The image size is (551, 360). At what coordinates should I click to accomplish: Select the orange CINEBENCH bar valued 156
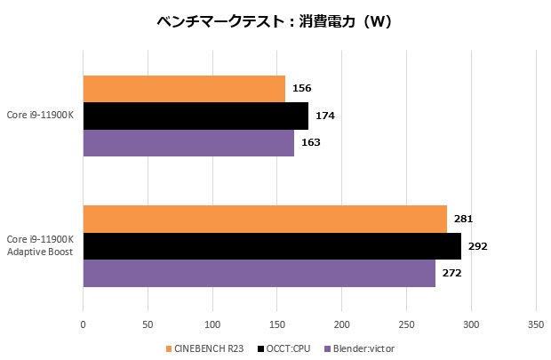click(184, 89)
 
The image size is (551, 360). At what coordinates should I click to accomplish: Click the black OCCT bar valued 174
click(196, 116)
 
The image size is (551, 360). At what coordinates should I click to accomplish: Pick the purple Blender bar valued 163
click(188, 142)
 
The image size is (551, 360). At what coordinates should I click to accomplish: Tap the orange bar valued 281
click(265, 219)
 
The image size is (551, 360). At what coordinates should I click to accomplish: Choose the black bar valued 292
click(272, 246)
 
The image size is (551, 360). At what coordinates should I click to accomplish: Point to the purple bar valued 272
click(259, 273)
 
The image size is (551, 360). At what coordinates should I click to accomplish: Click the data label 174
click(324, 116)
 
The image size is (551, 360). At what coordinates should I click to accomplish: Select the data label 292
click(477, 246)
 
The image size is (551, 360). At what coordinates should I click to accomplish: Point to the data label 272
click(451, 273)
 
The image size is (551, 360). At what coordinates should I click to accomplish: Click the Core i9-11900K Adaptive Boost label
click(40, 246)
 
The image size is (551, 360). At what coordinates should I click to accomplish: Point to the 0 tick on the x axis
click(83, 324)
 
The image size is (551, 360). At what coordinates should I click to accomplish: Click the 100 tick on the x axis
click(212, 324)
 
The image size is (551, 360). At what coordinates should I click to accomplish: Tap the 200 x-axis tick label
click(341, 324)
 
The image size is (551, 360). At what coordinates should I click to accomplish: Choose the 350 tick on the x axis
click(535, 324)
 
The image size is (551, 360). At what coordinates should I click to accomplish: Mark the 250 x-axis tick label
click(406, 324)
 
